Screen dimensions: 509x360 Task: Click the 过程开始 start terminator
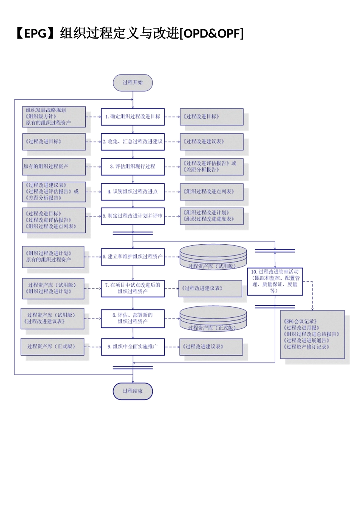133,83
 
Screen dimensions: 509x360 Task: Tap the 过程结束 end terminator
133,391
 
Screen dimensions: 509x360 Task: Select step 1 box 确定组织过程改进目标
133,117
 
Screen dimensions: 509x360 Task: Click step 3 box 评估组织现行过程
133,167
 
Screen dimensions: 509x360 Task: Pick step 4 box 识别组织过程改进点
133,192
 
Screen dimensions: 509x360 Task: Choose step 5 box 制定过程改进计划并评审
133,216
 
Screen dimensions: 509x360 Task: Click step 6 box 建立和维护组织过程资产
133,257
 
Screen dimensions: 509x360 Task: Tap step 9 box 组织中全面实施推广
133,347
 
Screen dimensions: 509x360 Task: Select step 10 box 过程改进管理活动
275,281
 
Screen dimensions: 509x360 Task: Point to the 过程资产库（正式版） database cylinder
213,319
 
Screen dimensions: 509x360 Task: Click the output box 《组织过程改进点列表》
211,192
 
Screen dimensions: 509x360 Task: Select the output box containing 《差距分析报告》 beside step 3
211,167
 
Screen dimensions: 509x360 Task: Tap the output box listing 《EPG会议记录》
312,334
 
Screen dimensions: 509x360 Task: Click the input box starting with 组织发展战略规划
53,117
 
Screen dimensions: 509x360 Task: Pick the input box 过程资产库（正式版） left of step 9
52,347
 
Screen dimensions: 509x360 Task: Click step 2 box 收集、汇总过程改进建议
133,142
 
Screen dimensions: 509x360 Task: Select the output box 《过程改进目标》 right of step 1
211,117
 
